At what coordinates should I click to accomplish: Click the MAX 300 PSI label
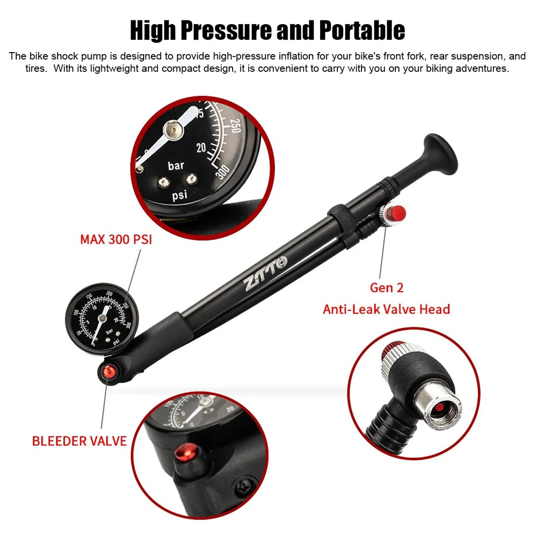(x=116, y=240)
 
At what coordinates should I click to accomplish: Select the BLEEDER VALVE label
(x=79, y=441)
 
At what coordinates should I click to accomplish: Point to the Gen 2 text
(x=386, y=288)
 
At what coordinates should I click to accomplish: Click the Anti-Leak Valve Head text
(x=386, y=309)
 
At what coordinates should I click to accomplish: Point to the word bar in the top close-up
(x=176, y=166)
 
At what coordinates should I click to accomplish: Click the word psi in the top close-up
(x=179, y=195)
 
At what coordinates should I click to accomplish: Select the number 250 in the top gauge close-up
(x=235, y=125)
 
